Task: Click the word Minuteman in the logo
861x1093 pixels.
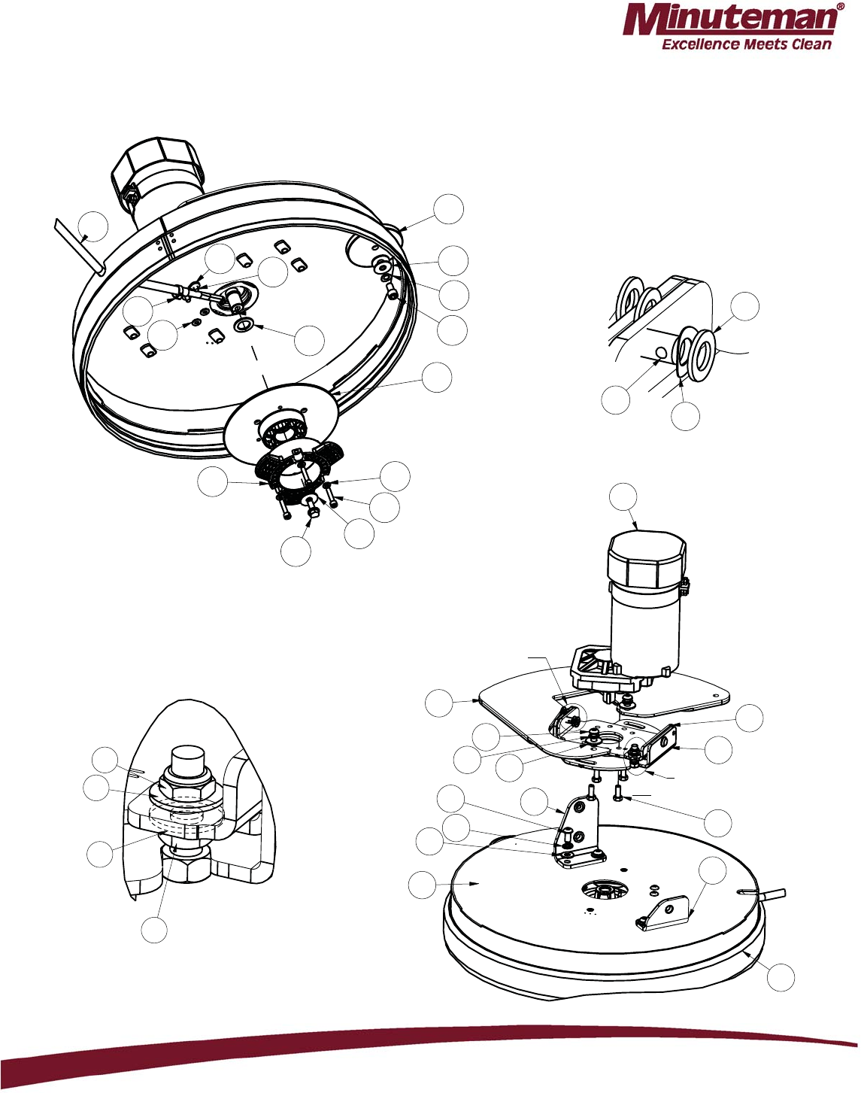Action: point(730,21)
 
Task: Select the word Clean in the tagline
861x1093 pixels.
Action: point(808,44)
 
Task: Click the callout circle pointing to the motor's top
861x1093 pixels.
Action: point(623,496)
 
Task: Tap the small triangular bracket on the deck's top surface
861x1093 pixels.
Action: point(662,912)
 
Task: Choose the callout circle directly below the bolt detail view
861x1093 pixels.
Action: point(154,930)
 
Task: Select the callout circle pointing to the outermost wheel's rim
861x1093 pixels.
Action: point(744,306)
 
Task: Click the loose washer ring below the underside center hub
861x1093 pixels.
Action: point(245,324)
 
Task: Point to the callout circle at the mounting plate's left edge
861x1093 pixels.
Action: point(440,703)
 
